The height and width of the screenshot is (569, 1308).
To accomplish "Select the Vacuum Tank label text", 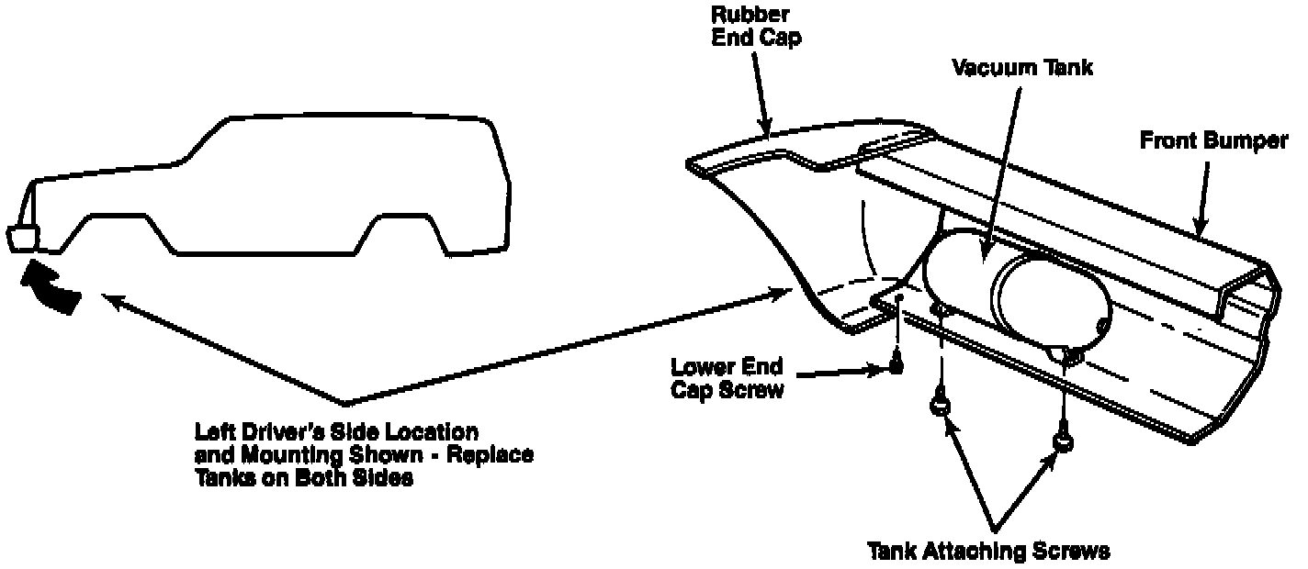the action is tap(1022, 69).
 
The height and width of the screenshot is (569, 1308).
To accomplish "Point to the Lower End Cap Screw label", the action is tap(727, 378).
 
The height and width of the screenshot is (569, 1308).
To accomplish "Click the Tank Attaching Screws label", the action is tap(989, 551).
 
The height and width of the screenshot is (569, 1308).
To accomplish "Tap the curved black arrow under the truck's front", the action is tap(51, 287).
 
